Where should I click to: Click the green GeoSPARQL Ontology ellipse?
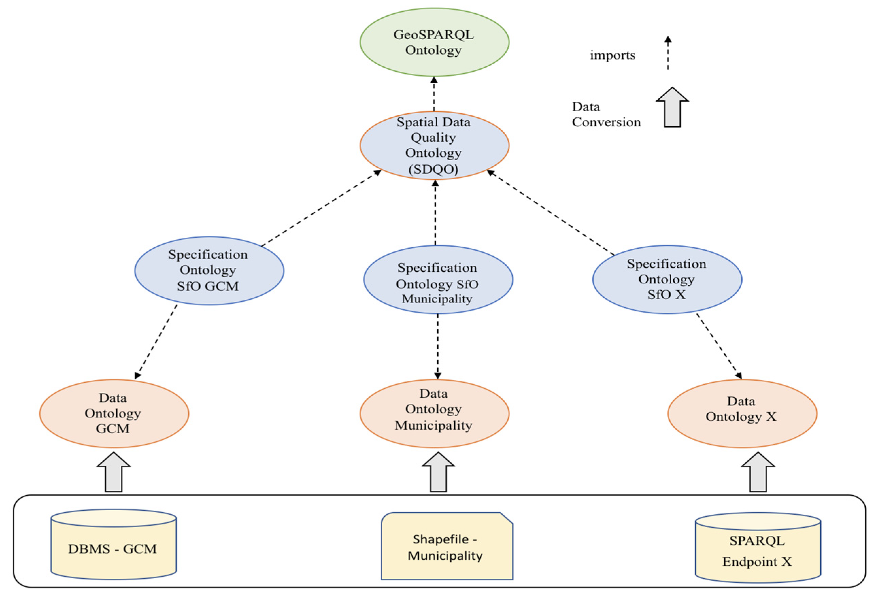(434, 42)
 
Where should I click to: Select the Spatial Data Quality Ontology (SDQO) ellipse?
(434, 145)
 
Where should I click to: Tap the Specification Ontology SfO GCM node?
(209, 271)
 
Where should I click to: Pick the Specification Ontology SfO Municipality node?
(438, 280)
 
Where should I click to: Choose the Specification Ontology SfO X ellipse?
(667, 280)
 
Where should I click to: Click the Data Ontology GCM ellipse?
(114, 414)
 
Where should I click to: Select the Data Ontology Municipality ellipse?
(434, 414)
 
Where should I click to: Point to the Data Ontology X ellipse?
(742, 414)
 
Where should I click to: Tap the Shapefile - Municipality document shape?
(446, 547)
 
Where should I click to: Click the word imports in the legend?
(612, 55)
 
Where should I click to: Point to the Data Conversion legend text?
(606, 114)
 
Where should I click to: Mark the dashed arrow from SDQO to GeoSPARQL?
(434, 94)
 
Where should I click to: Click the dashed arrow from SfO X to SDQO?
(551, 213)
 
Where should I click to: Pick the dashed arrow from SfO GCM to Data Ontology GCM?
(156, 342)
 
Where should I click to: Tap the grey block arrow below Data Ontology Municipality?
(438, 473)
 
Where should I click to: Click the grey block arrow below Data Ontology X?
(758, 473)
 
